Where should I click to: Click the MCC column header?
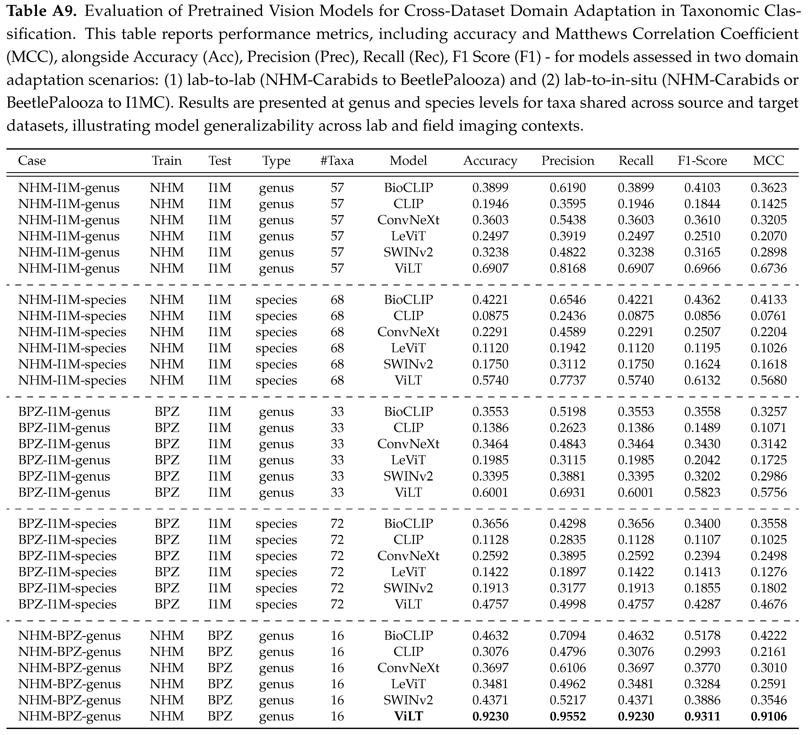pyautogui.click(x=768, y=161)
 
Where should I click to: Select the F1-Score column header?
pyautogui.click(x=702, y=161)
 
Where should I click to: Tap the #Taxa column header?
pyautogui.click(x=337, y=161)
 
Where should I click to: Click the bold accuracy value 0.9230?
pyautogui.click(x=490, y=716)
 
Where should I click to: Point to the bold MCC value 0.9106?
pyautogui.click(x=768, y=716)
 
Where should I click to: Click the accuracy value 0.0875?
pyautogui.click(x=490, y=316)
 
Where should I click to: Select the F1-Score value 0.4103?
pyautogui.click(x=702, y=188)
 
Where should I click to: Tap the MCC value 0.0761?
pyautogui.click(x=768, y=316)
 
